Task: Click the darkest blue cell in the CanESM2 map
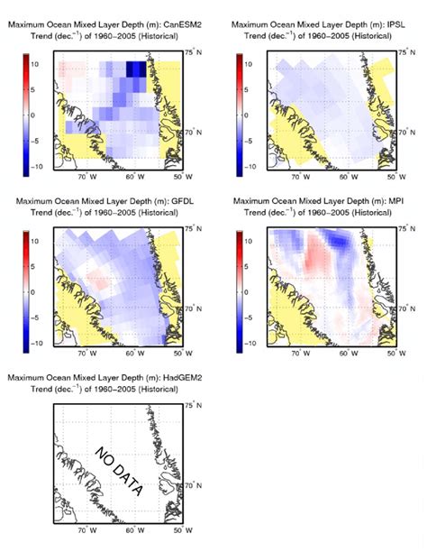[135, 68]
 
